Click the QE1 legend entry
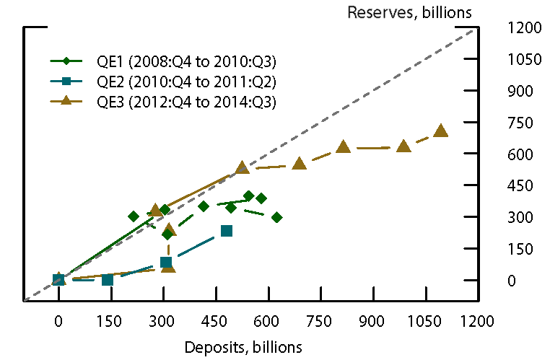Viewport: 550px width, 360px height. (x=186, y=61)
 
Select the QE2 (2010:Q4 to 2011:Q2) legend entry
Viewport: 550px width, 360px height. (x=186, y=81)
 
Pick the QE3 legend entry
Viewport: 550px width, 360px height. (x=186, y=101)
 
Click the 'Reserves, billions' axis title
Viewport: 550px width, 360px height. (x=410, y=12)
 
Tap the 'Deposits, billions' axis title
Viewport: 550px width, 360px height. (x=243, y=346)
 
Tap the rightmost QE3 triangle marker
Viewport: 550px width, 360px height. (x=441, y=131)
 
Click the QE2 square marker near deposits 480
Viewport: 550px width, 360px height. (x=227, y=231)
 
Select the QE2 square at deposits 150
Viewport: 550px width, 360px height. (x=108, y=280)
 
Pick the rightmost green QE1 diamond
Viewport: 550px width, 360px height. (x=276, y=217)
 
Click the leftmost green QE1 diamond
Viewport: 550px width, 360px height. (x=134, y=216)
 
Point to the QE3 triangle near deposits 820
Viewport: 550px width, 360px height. (x=344, y=146)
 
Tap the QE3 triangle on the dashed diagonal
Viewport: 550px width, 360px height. (x=243, y=167)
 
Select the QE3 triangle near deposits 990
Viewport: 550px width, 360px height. (x=403, y=146)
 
